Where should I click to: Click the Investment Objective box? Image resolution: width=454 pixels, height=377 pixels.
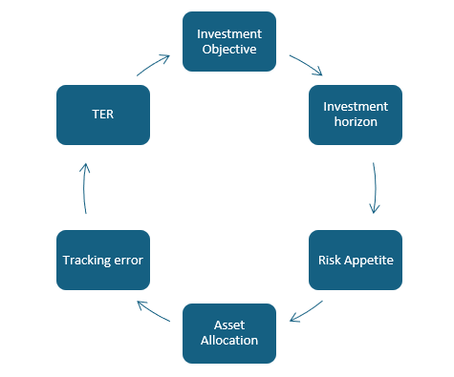(x=229, y=41)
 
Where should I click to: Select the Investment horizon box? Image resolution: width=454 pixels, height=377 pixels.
(x=356, y=115)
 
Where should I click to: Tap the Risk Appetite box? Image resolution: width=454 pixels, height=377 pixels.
(x=356, y=260)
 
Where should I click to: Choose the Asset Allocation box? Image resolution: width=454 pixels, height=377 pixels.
(x=229, y=333)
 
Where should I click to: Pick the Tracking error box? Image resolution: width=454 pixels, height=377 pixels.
(x=103, y=260)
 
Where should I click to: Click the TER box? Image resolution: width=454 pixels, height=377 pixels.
(x=103, y=115)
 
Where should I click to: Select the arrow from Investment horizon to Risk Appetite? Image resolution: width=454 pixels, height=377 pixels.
(x=376, y=187)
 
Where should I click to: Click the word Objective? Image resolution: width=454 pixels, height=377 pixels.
(x=229, y=50)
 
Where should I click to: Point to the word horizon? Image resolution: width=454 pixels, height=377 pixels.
(x=356, y=123)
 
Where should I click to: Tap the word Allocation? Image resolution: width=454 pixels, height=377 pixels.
(x=229, y=341)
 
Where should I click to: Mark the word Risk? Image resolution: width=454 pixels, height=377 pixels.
(x=330, y=260)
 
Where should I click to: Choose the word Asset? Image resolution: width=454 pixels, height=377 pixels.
(x=229, y=325)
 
